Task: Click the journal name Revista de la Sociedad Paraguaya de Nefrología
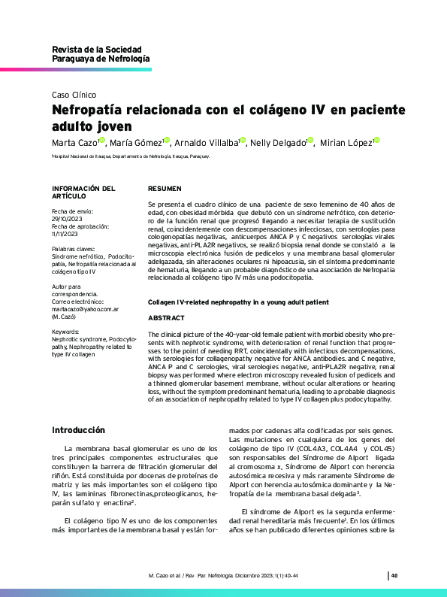[100, 53]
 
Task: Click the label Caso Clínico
[74, 95]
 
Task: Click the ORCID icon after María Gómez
[167, 141]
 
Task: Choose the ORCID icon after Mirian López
[376, 141]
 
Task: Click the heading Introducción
[78, 430]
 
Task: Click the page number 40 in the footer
[394, 576]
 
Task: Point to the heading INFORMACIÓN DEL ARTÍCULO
[83, 192]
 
